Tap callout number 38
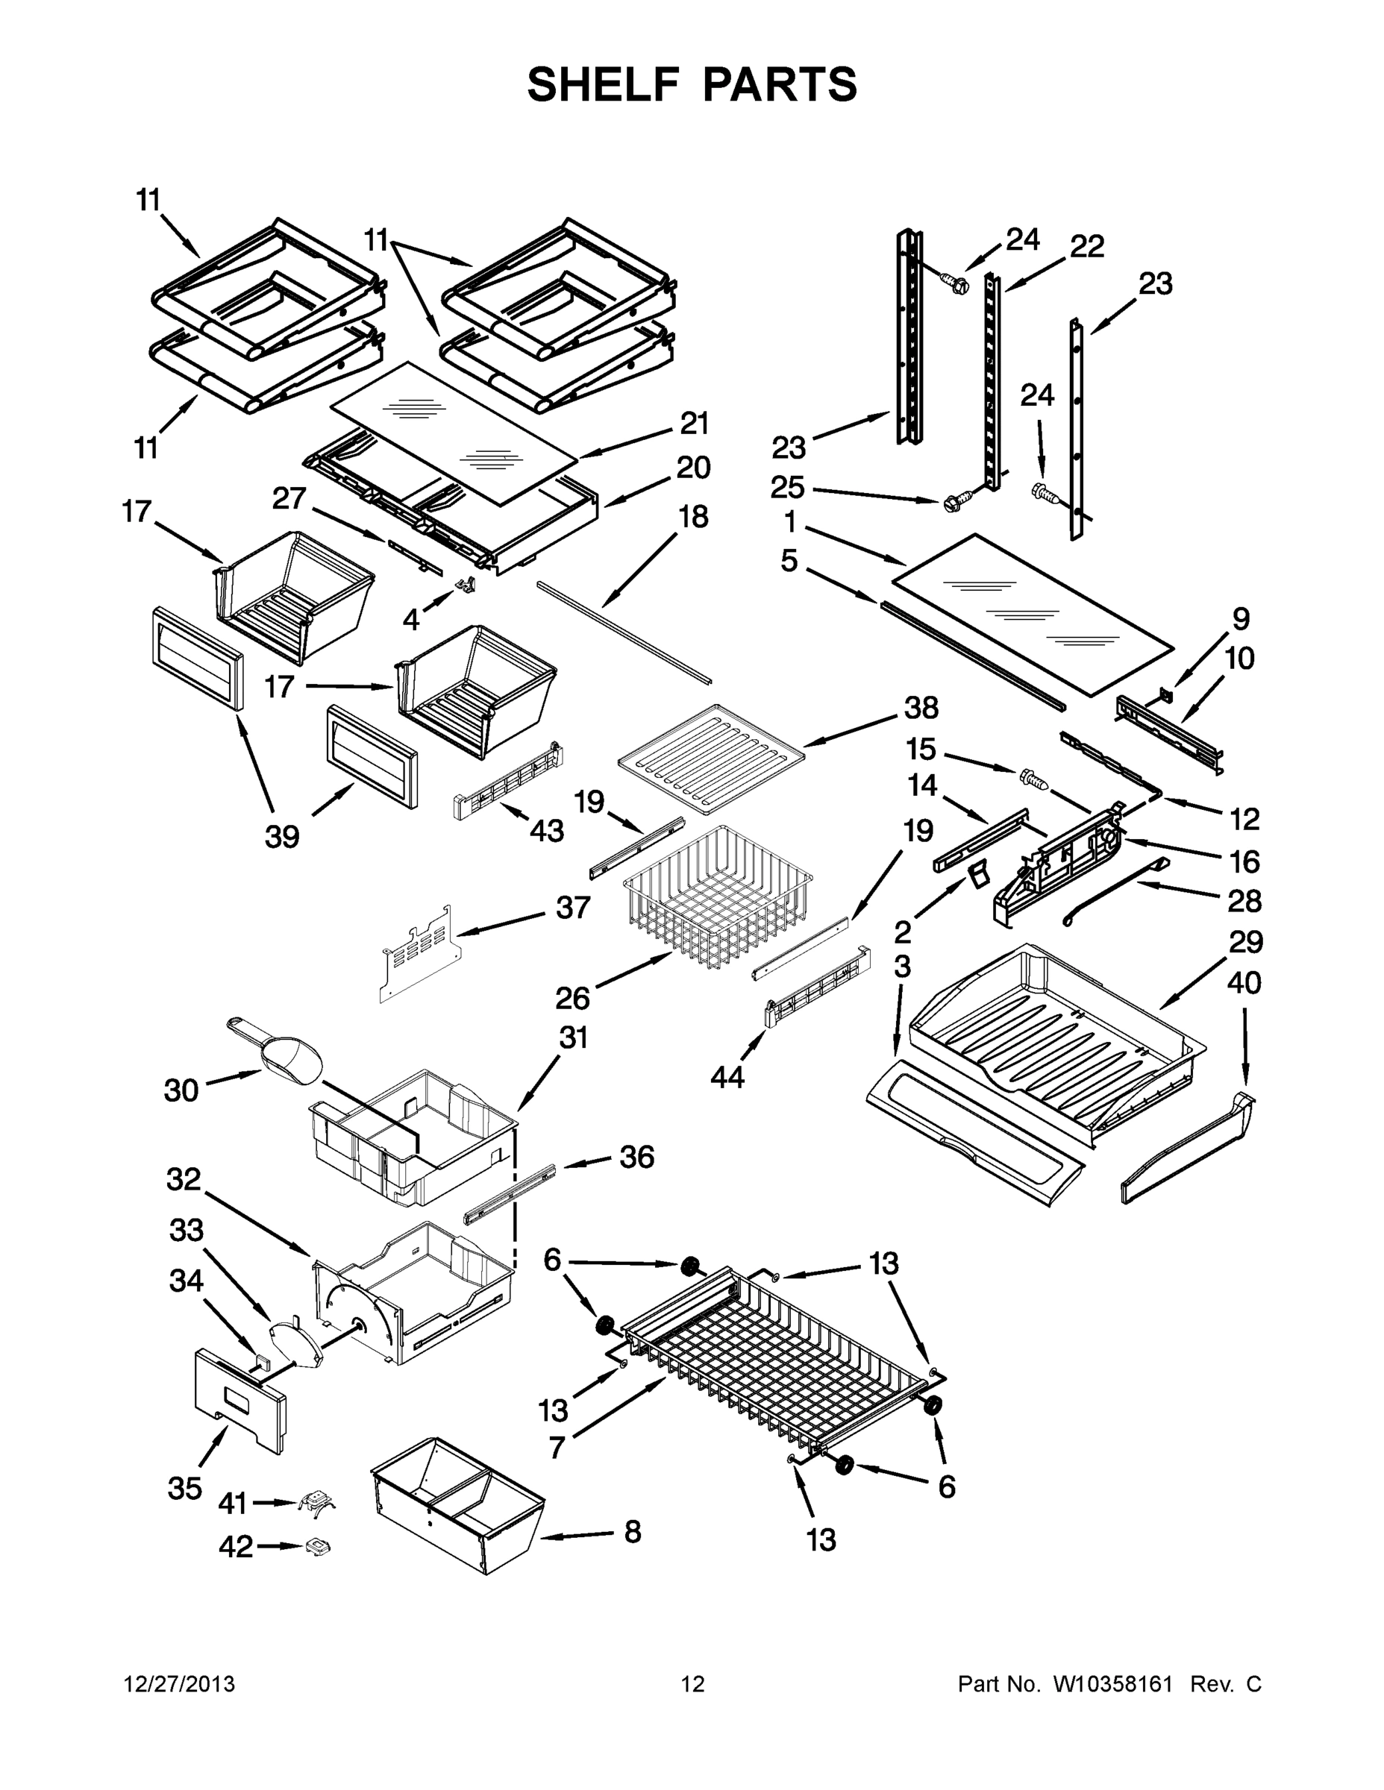click(x=921, y=706)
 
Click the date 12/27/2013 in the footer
click(x=179, y=1684)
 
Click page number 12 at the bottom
click(x=692, y=1684)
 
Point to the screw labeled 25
click(x=956, y=500)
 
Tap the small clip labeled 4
click(x=467, y=582)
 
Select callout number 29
click(x=1245, y=943)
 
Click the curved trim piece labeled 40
click(x=1189, y=1150)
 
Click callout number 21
click(x=695, y=423)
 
